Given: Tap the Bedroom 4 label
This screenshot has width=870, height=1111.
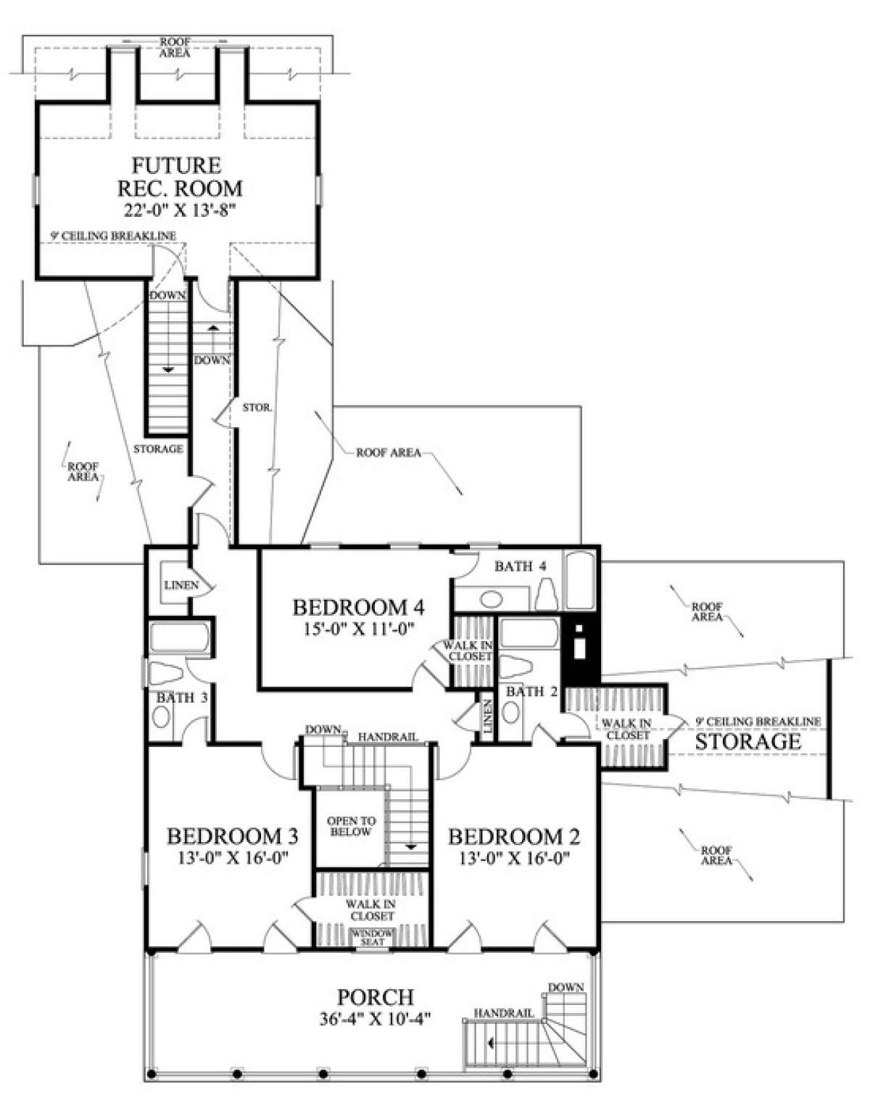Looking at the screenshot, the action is point(359,608).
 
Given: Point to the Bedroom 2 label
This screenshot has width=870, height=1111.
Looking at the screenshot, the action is point(514,837).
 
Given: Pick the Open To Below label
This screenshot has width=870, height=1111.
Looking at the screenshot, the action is point(351,827).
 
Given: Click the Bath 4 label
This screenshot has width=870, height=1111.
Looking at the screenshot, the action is point(521,566).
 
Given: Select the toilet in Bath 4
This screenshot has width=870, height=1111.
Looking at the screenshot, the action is point(546,594).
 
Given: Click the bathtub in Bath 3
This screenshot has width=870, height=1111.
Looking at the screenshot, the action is point(179,637).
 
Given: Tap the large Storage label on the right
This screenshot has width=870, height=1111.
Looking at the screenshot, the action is point(747,742).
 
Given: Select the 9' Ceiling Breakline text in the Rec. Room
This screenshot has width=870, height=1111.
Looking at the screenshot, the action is point(113,236).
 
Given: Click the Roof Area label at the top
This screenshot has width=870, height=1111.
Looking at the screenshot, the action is point(175,47).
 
